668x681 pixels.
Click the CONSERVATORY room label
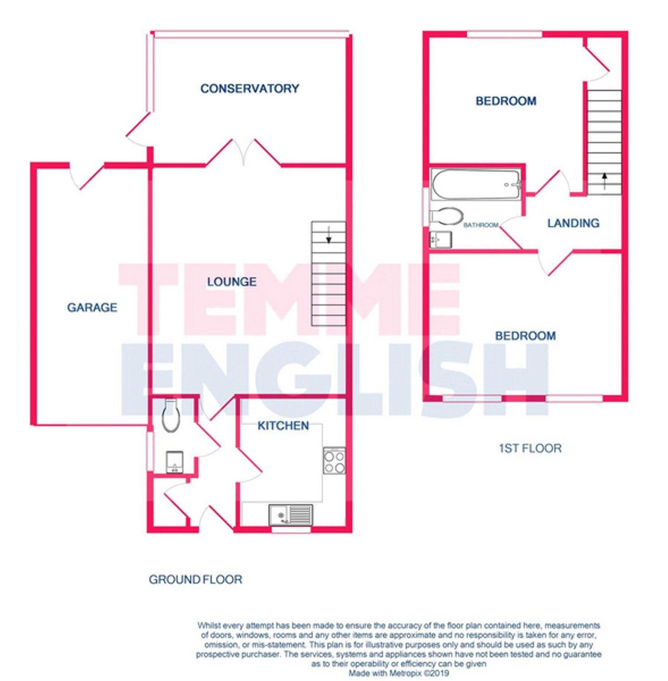pos(250,89)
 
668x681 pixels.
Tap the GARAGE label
pos(92,307)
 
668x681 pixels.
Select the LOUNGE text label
pos(231,282)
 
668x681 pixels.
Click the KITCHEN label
pos(283,425)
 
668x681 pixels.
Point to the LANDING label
pos(573,223)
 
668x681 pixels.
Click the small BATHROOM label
pos(481,225)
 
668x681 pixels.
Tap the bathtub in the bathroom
pos(475,184)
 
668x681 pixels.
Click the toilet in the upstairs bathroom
pos(446,217)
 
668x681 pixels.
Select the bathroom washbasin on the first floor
pos(441,239)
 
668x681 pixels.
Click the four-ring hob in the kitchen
pos(334,461)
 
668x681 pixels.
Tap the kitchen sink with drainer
pos(290,515)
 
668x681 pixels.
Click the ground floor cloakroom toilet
pos(171,415)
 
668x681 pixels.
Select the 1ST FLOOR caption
pos(530,449)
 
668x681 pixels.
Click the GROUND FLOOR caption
pos(196,579)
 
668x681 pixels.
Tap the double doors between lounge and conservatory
pos(244,152)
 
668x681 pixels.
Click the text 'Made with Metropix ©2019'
pos(399,673)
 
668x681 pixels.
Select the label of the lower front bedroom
pos(525,336)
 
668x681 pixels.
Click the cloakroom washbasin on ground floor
pos(175,462)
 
